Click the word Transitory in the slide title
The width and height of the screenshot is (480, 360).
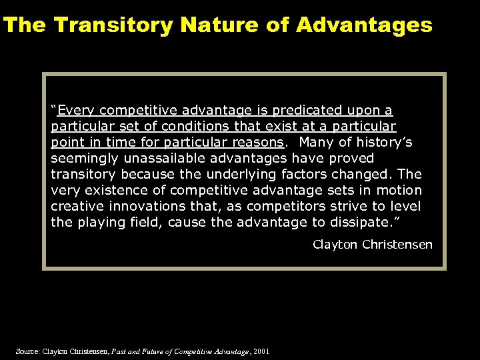pos(113,25)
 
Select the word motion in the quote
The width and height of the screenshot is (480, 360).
pos(399,190)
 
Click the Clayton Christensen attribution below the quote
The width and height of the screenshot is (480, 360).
pos(373,245)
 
